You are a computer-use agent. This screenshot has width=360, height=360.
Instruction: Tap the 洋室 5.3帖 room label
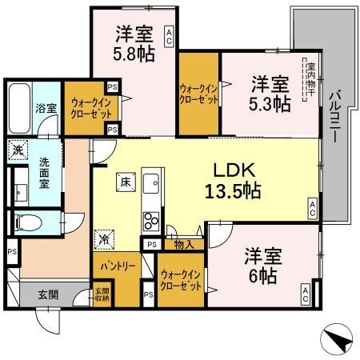coord(270,93)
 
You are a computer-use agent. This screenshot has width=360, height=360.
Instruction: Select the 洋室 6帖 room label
coord(262,266)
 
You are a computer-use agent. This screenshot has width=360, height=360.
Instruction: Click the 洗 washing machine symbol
coord(18,148)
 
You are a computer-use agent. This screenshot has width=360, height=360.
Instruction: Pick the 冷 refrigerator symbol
coord(105,238)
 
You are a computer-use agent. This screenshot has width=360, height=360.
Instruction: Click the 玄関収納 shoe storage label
coord(101,296)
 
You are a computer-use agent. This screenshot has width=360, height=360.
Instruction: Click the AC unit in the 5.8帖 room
coord(170,34)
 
